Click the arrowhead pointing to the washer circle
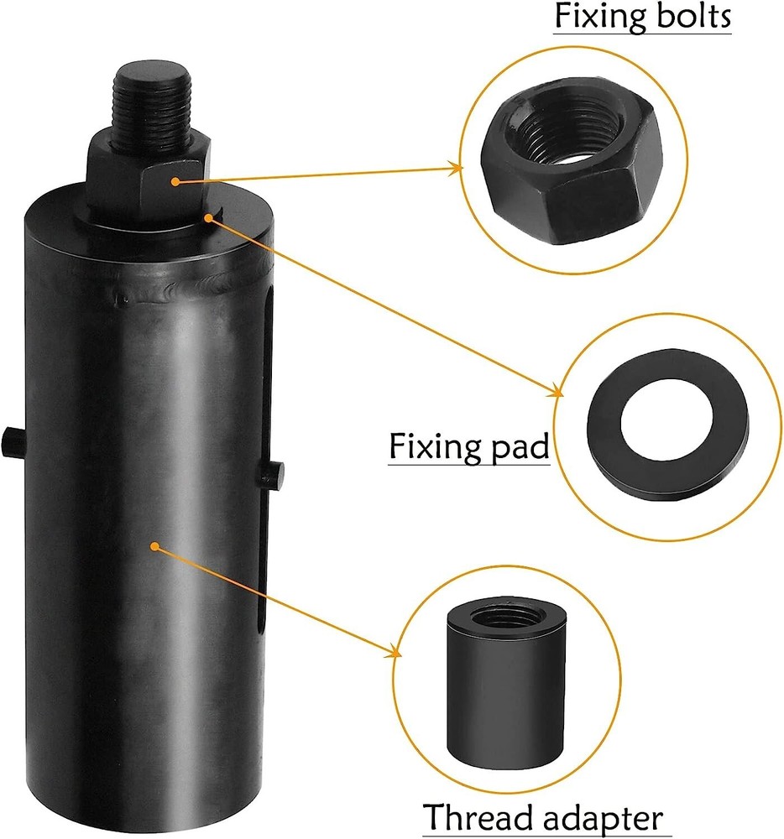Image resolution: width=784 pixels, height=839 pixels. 557,392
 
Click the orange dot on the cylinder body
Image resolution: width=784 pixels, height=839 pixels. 154,546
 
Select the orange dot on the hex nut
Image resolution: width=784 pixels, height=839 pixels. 173,180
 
